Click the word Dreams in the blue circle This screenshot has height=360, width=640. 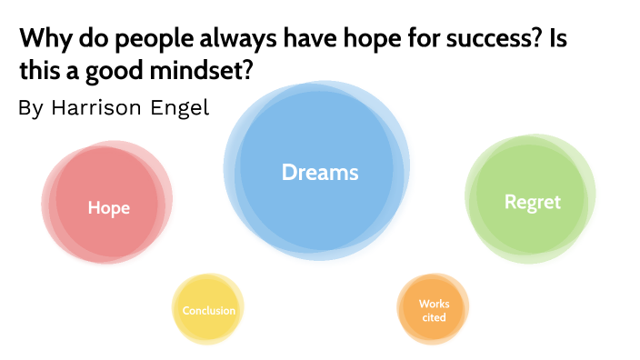click(320, 172)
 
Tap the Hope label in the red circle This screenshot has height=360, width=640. click(108, 208)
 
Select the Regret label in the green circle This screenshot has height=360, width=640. click(533, 202)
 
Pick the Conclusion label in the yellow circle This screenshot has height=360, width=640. click(208, 311)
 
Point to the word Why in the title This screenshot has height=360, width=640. click(40, 41)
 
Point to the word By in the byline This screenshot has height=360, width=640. click(30, 108)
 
